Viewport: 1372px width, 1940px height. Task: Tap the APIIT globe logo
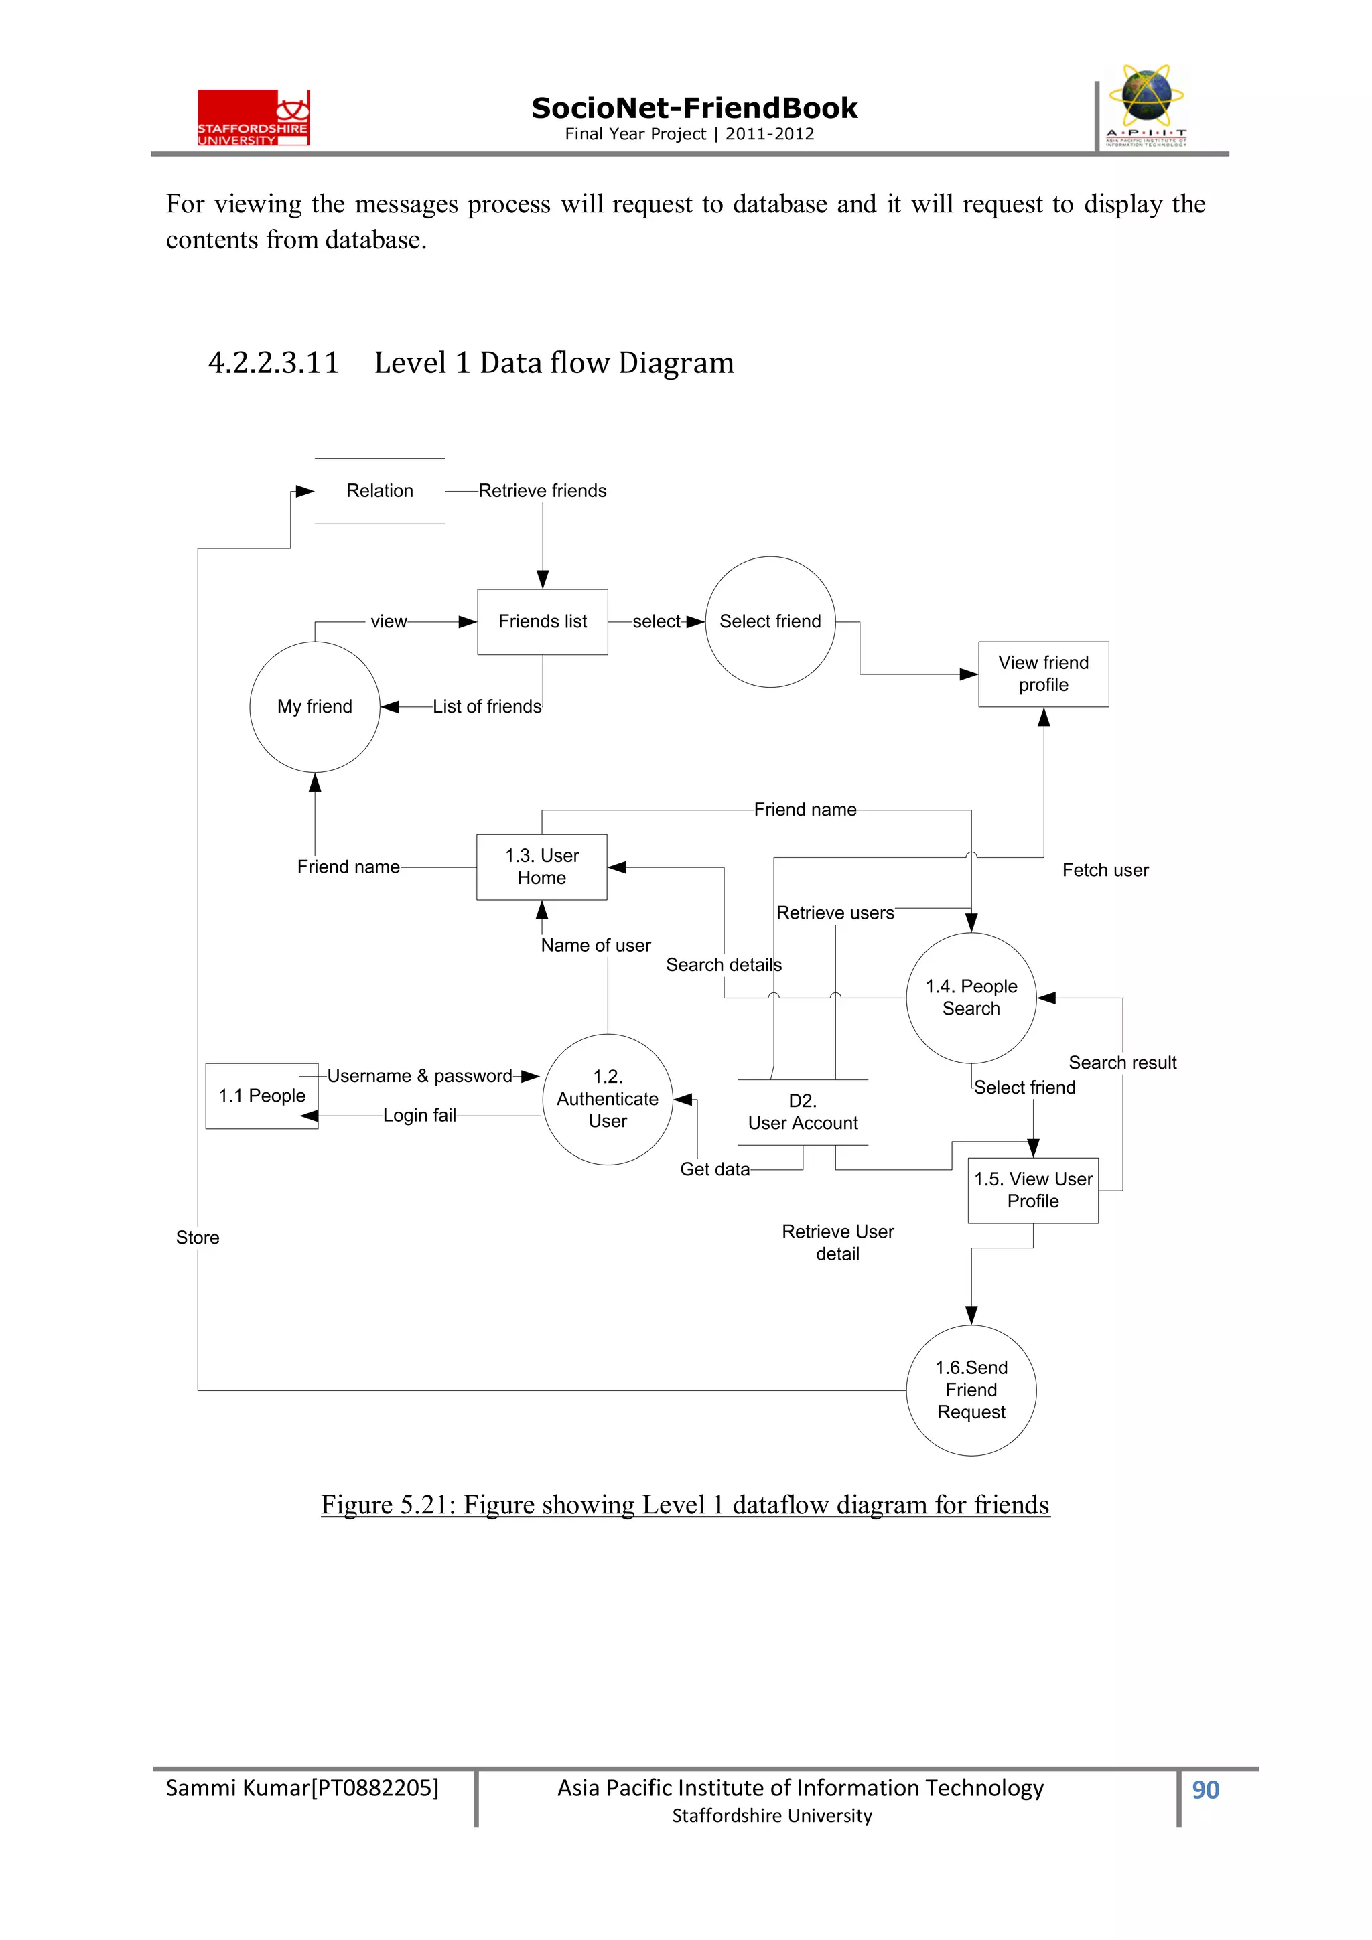coord(1146,106)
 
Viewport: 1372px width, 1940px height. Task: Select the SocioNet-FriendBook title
coord(693,108)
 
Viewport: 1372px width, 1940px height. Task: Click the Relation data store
coord(380,491)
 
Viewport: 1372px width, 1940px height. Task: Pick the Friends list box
coord(542,622)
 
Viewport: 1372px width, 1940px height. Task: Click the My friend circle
coord(314,706)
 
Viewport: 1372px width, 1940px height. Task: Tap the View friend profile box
coord(1043,674)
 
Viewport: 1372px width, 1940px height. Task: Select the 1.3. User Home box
coord(542,867)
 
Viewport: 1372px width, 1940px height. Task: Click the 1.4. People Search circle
coord(971,998)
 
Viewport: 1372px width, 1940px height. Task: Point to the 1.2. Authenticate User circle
coord(607,1100)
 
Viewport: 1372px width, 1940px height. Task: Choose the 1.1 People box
coord(262,1096)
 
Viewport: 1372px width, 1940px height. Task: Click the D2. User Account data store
coord(803,1112)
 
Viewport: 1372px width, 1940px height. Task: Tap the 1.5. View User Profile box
coord(1032,1190)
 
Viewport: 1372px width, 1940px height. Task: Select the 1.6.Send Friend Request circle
coord(971,1390)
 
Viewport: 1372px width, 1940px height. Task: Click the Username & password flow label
coord(419,1076)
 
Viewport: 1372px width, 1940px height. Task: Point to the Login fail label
coord(419,1116)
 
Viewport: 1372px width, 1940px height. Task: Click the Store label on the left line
coord(197,1238)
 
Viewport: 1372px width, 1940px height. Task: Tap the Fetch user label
coord(1105,871)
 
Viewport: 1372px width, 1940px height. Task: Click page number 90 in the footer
coord(1205,1789)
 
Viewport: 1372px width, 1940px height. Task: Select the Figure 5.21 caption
coord(685,1505)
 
